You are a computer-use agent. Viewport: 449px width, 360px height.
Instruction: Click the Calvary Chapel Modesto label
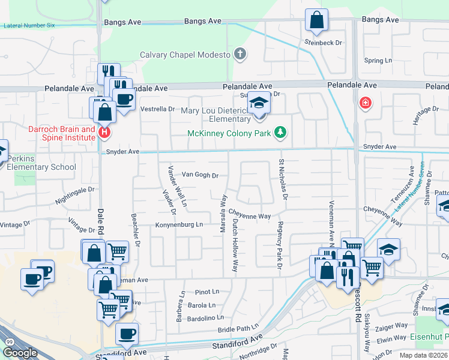[185, 55]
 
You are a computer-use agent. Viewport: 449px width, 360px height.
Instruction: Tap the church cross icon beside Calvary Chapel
[240, 55]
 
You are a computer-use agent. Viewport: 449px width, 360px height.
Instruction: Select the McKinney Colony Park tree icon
[279, 132]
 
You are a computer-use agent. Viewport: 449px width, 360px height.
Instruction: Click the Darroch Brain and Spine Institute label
[62, 133]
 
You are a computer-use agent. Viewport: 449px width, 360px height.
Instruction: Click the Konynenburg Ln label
[180, 224]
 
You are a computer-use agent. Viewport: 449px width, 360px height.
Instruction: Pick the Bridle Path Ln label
[238, 330]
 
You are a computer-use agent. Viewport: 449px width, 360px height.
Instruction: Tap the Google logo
[20, 352]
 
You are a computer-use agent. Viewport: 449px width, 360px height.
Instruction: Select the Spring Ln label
[378, 61]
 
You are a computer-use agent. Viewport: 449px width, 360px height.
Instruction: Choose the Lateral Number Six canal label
[29, 26]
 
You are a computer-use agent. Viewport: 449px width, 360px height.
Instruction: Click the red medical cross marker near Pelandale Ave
[364, 104]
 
